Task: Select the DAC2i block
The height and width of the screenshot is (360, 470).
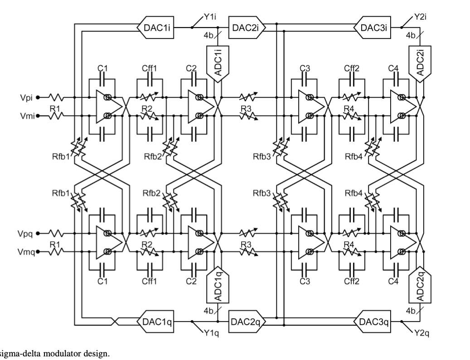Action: click(x=247, y=27)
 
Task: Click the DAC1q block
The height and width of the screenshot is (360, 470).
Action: click(x=155, y=322)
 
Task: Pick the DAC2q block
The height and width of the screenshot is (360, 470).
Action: click(x=247, y=322)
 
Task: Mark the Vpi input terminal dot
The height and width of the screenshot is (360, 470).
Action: click(x=38, y=97)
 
